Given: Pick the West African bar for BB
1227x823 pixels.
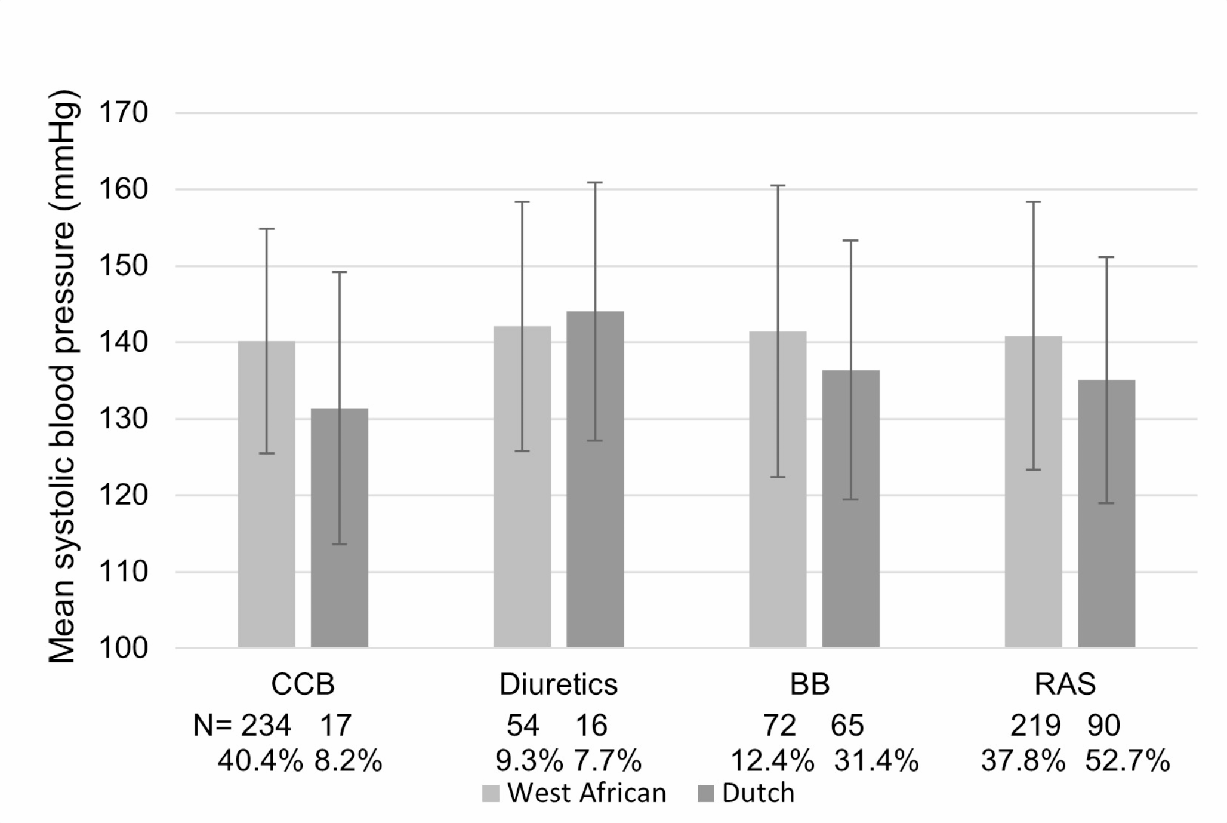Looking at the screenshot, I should (x=778, y=489).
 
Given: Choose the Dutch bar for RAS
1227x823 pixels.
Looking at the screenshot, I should (x=1106, y=513).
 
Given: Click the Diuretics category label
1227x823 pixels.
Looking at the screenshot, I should (x=558, y=684).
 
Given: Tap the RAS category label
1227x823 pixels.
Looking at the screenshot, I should (x=1065, y=684).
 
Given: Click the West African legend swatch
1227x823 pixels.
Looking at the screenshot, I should (x=491, y=794).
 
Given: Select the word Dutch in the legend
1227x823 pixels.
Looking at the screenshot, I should (x=758, y=794).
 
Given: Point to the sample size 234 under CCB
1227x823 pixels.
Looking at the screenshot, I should (x=266, y=726).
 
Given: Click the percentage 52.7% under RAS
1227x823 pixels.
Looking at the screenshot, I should (x=1127, y=761).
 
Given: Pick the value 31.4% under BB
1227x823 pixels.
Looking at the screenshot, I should (x=875, y=761).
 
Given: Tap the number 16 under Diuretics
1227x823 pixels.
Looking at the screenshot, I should (x=591, y=726).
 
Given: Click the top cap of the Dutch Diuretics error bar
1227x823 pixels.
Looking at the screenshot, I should (x=595, y=183).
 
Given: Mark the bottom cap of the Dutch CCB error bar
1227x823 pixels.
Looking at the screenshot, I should (x=339, y=544).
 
